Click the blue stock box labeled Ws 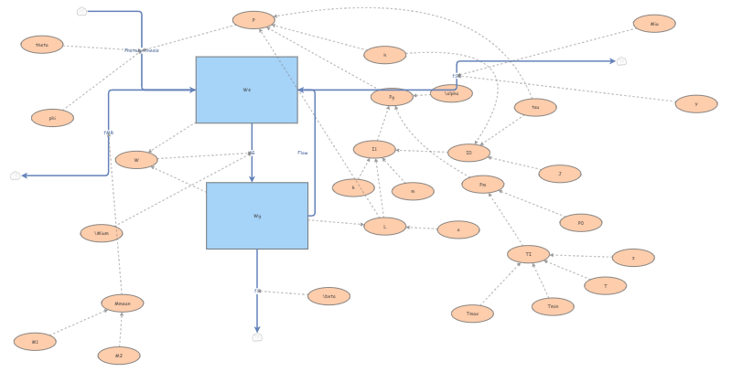point(246,90)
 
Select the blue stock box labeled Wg point(257,216)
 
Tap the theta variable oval point(42,44)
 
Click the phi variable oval point(52,118)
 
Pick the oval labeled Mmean point(123,303)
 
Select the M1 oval point(35,342)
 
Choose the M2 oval point(119,356)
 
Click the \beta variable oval point(328,296)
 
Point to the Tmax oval point(472,314)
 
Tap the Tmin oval point(553,306)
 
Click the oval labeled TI point(528,254)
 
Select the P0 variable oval point(580,223)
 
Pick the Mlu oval point(654,24)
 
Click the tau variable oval point(535,108)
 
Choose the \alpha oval point(451,93)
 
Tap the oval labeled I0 point(468,153)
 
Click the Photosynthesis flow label point(142,50)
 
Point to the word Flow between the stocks point(303,153)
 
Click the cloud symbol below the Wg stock point(257,337)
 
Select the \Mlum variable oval point(102,233)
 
